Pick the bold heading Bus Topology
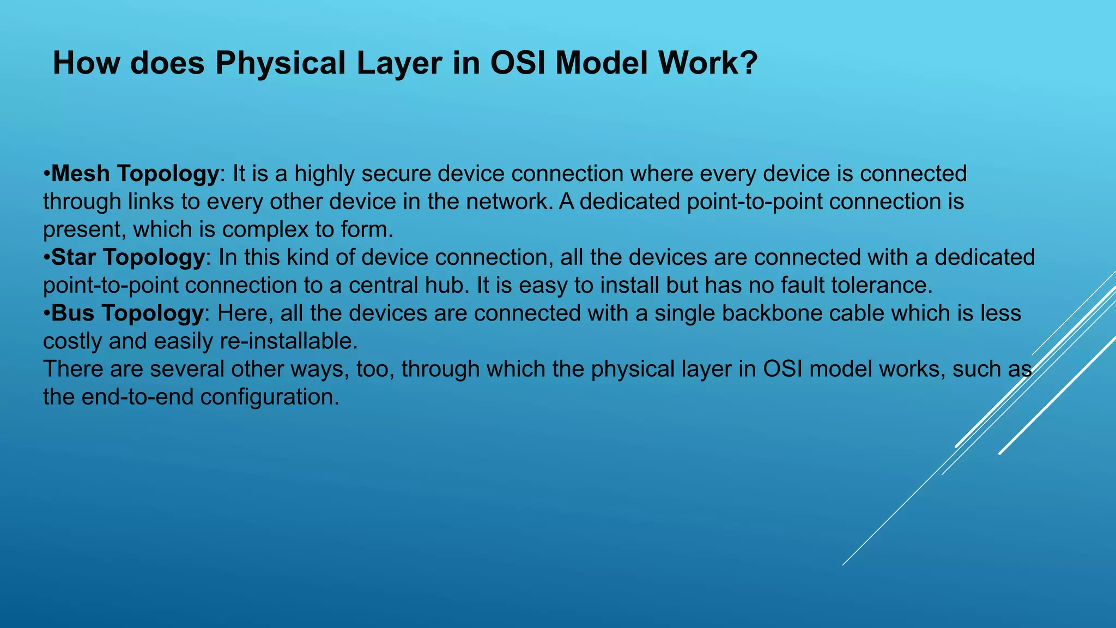coord(127,313)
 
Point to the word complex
coord(266,230)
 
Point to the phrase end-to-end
coord(137,397)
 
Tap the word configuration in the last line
coord(270,397)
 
